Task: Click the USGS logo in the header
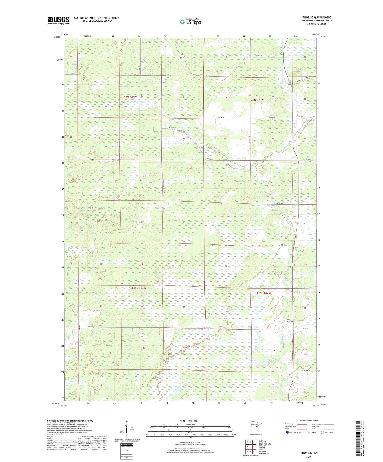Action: coord(58,20)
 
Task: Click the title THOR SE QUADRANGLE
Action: coord(316,17)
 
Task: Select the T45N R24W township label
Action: coord(129,97)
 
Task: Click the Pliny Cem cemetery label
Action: coord(289,320)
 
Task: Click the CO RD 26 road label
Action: coord(306,329)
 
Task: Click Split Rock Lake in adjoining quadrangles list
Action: coord(265,444)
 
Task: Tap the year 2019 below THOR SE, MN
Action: coord(309,457)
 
